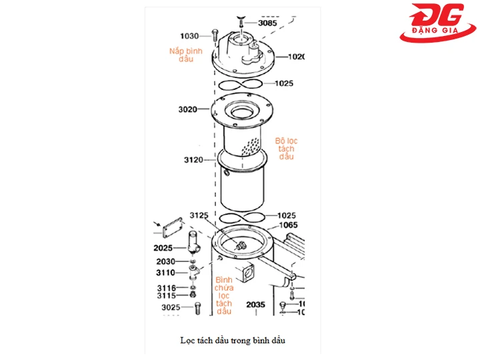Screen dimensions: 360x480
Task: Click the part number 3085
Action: pyautogui.click(x=267, y=23)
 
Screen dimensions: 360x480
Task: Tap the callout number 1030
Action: pyautogui.click(x=190, y=35)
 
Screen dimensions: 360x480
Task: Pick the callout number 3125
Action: pyautogui.click(x=199, y=215)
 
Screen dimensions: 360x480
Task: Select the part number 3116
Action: pyautogui.click(x=167, y=287)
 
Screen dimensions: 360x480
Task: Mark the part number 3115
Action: pyautogui.click(x=167, y=295)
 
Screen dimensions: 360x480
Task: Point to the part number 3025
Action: pyautogui.click(x=171, y=307)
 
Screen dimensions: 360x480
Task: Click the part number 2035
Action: pyautogui.click(x=255, y=305)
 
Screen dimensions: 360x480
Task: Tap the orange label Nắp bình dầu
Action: pyautogui.click(x=185, y=54)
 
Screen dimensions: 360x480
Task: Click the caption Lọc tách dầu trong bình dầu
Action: pyautogui.click(x=232, y=340)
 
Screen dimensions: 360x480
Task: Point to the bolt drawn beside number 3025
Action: pyautogui.click(x=197, y=308)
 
